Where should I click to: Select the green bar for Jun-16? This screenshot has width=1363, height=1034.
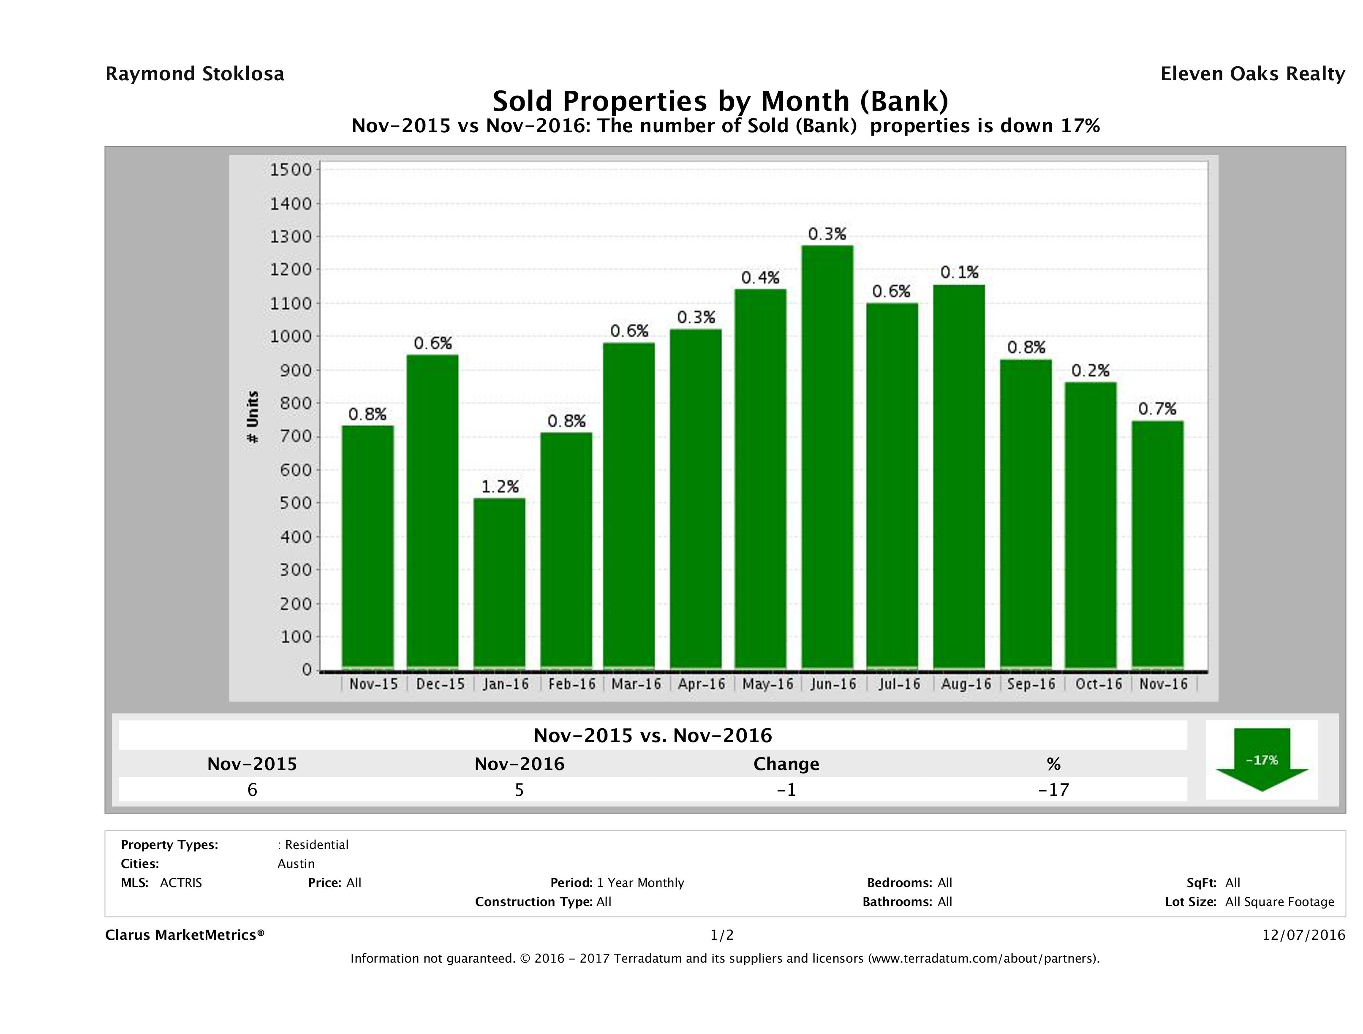(x=827, y=457)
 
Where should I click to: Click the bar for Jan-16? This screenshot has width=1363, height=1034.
(x=499, y=583)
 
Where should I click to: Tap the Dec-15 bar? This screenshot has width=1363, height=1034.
(x=433, y=512)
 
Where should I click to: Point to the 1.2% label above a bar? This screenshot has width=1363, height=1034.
(x=500, y=487)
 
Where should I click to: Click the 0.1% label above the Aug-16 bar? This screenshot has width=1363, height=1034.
(x=959, y=272)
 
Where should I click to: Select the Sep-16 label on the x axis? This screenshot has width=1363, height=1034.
(x=1031, y=684)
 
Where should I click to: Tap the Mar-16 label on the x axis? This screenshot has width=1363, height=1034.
(x=636, y=684)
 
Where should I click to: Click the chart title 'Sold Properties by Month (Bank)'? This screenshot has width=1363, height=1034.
(x=720, y=101)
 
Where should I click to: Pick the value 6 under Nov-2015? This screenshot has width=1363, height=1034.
(x=252, y=789)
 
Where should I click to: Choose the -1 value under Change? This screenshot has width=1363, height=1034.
(x=786, y=789)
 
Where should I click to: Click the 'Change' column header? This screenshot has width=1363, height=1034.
(x=786, y=764)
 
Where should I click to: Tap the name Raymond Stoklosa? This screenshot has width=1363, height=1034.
(x=195, y=74)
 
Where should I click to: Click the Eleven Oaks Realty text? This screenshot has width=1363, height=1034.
(x=1252, y=74)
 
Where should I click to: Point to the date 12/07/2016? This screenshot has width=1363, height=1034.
(x=1303, y=935)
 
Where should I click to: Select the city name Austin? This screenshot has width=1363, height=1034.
(x=296, y=863)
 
